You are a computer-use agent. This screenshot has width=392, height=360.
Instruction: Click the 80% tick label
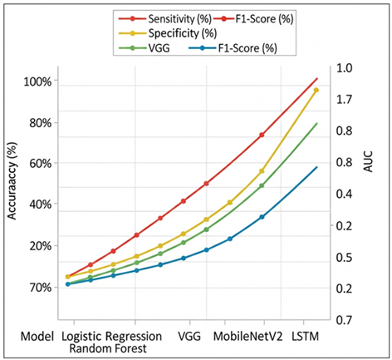click(39, 123)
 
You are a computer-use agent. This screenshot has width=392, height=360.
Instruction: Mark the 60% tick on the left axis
click(39, 164)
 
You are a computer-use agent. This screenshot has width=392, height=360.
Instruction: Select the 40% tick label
click(39, 205)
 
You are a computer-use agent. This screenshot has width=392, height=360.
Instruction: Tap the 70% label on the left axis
click(39, 287)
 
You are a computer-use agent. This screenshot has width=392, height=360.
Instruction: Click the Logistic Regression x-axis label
click(111, 336)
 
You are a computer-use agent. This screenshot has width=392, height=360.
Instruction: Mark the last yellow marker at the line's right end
click(316, 90)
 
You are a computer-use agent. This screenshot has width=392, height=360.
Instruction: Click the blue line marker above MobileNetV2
click(262, 217)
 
